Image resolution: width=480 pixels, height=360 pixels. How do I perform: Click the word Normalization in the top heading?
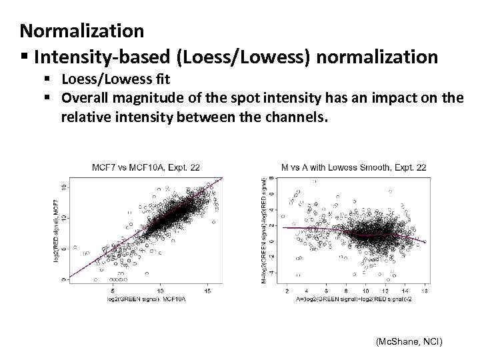coord(82,30)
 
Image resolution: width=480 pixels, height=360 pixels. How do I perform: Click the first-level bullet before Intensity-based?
coord(24,57)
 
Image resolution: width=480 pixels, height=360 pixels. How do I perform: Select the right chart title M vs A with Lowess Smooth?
coord(355,167)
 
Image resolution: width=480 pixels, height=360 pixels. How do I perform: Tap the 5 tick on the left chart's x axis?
coord(114,291)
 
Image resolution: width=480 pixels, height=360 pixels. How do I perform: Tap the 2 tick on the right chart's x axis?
coord(287,291)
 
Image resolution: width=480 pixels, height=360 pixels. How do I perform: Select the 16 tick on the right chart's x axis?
coord(425,291)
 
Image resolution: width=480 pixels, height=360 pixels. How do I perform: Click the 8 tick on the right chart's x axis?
coord(346,291)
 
